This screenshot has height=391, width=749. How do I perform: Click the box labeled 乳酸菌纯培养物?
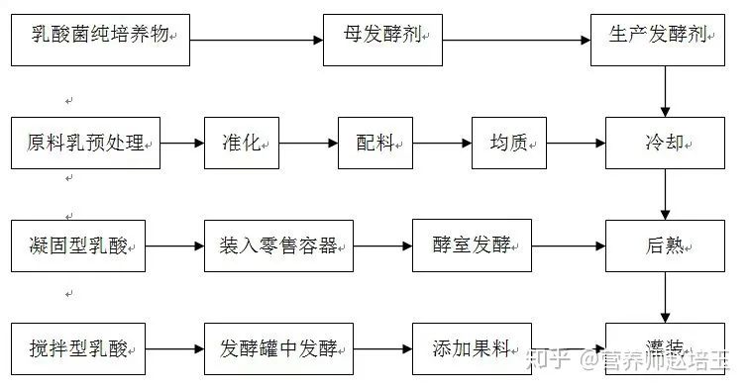99,40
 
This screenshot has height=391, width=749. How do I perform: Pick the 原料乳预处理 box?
85,144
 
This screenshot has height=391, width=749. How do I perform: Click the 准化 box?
243,144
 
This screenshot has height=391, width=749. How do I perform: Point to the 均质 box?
509,144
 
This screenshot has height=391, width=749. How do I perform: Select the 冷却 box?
662,144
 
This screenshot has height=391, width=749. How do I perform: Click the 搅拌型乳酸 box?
78,348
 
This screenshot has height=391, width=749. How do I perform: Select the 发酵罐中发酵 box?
278,348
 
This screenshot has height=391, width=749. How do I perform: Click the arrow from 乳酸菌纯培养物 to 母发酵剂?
257,41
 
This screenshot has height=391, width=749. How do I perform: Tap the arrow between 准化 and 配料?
309,144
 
